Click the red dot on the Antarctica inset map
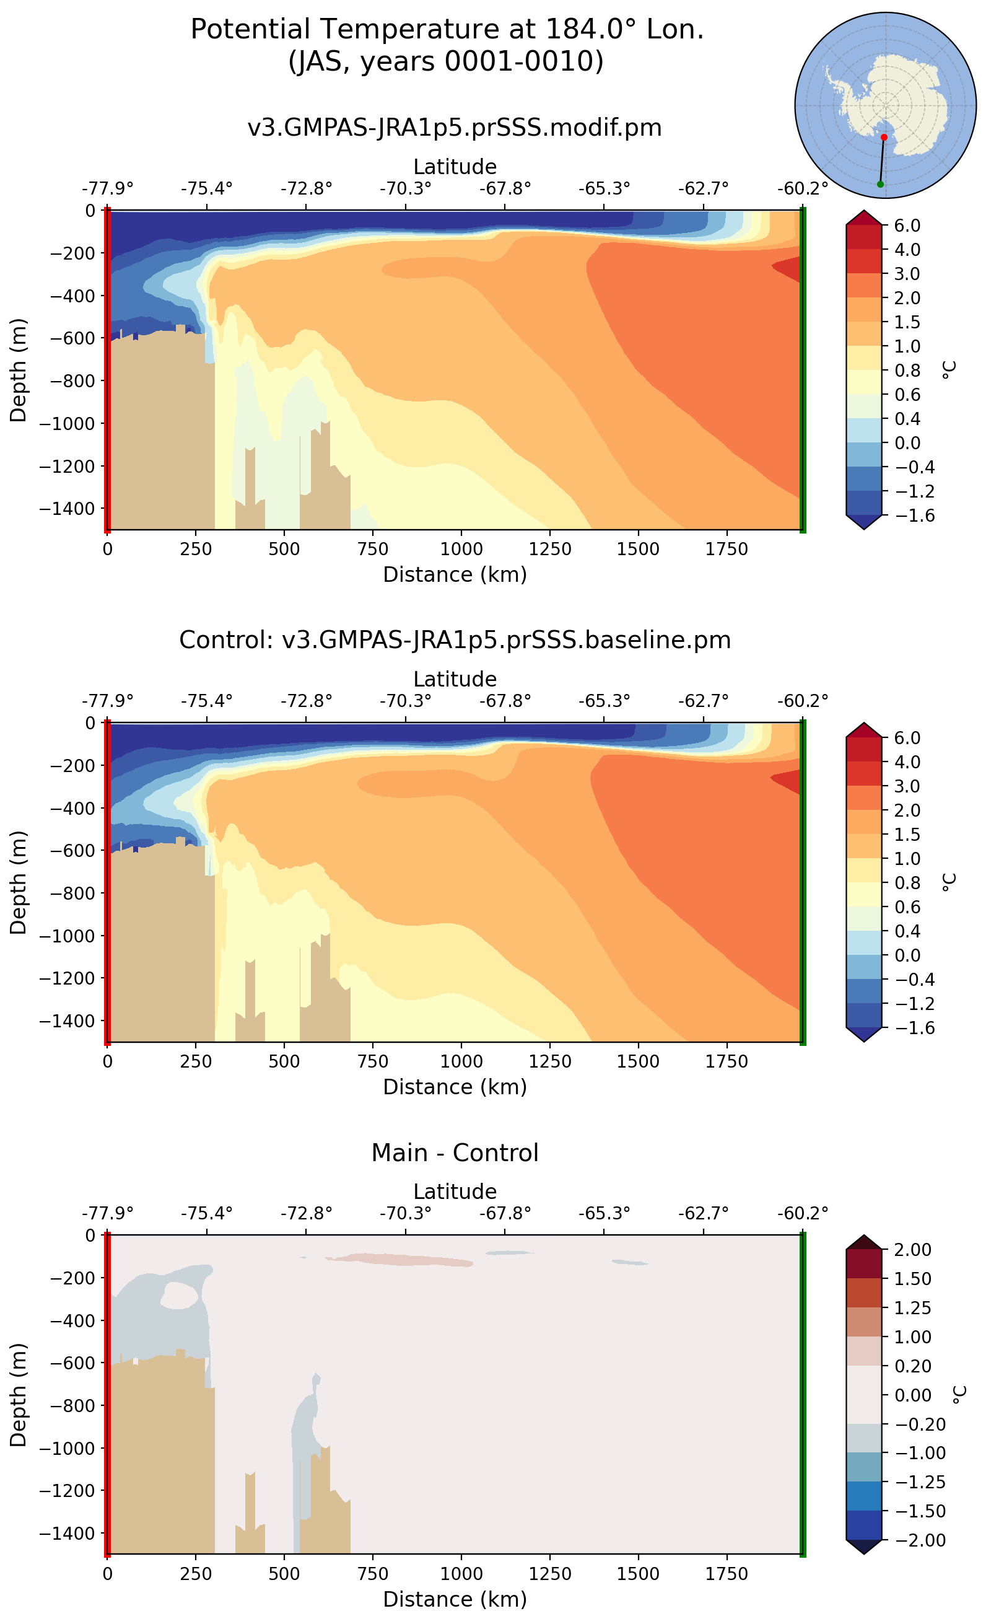883,137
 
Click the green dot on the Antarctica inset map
880,184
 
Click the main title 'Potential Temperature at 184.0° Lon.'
447,30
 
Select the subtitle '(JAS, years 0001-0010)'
447,61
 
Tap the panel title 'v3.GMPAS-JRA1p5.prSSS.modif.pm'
454,127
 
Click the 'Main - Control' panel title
454,1152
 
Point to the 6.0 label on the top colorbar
907,226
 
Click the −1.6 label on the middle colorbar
907,1028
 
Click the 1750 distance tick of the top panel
726,549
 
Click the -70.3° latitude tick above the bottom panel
405,1213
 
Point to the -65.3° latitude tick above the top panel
604,189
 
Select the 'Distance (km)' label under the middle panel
454,1087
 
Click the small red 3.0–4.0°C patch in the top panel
788,268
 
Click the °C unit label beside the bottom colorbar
958,1395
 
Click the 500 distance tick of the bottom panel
284,1574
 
